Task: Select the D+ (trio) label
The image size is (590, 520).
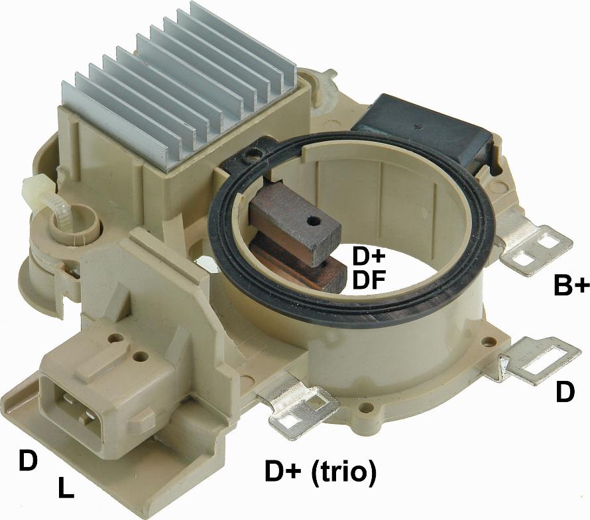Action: point(321,471)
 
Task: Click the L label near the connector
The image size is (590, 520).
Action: point(66,488)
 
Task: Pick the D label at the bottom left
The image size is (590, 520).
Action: point(29,460)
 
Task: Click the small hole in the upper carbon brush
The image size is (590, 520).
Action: point(311,222)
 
